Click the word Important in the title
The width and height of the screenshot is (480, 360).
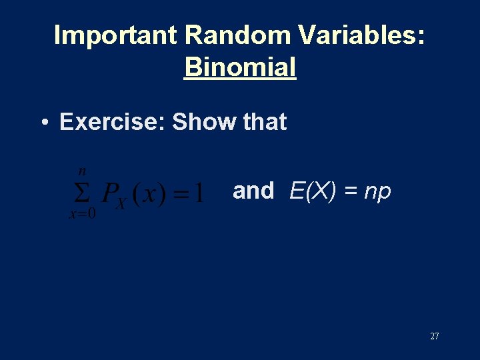(115, 35)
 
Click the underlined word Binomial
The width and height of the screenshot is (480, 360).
(240, 67)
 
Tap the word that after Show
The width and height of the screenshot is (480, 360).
(265, 122)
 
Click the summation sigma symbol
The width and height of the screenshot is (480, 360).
(81, 193)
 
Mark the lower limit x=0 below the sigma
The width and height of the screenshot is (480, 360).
(82, 215)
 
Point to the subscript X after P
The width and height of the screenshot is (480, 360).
(121, 203)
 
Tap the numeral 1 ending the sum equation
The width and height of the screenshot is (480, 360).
(198, 194)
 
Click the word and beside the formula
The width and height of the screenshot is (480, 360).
(253, 191)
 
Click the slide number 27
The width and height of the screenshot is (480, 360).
(435, 336)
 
